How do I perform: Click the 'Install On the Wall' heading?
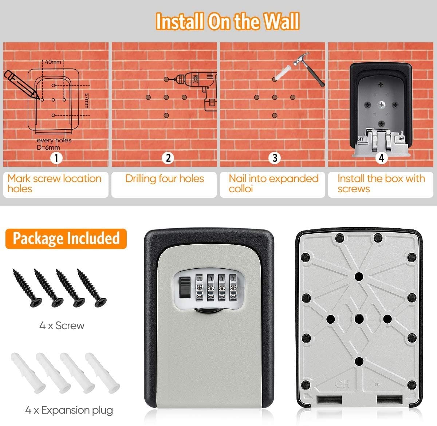point(228,21)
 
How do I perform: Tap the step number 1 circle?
point(56,158)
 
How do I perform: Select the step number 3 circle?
point(275,158)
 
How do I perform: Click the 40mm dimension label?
point(53,62)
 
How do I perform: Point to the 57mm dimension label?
point(87,100)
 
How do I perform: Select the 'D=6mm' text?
point(48,147)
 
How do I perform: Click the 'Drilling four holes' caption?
point(165,178)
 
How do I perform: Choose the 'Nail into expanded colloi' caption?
point(273,184)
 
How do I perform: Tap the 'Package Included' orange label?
point(66,238)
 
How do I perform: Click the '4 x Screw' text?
point(62,325)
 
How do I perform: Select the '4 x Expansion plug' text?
point(69,410)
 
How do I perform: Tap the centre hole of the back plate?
point(359,319)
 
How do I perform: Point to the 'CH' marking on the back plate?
point(342,383)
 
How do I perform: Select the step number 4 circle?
point(381,158)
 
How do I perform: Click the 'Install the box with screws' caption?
point(381,184)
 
